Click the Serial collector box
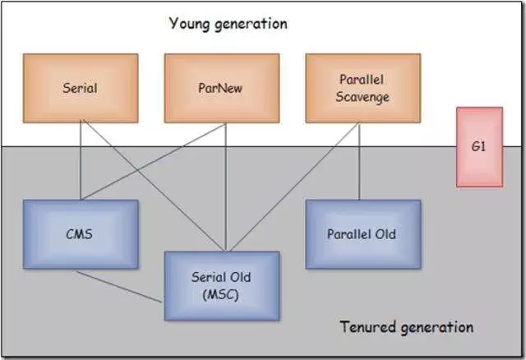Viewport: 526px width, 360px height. pos(81,88)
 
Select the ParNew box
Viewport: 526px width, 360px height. pos(222,88)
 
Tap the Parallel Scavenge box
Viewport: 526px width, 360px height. pos(363,88)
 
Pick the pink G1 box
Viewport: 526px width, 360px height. pos(479,147)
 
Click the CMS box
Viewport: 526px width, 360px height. pos(81,234)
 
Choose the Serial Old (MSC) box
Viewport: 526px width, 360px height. pos(222,286)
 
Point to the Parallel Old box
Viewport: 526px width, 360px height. pos(363,234)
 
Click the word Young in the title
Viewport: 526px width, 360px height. pos(190,24)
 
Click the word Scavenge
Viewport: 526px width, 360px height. pos(362,97)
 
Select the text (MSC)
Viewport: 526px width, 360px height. pos(221,295)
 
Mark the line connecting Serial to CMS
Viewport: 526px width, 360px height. pos(81,161)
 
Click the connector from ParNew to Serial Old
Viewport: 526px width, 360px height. pos(226,187)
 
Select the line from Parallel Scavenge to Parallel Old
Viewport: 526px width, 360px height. pos(360,161)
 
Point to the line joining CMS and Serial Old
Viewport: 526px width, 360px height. pos(119,287)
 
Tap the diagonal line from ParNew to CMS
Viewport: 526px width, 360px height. pos(154,161)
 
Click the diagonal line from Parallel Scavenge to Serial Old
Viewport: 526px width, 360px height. pos(295,187)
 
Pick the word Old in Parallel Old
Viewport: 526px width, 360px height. pos(385,234)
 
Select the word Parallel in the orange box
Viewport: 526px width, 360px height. pos(362,80)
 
